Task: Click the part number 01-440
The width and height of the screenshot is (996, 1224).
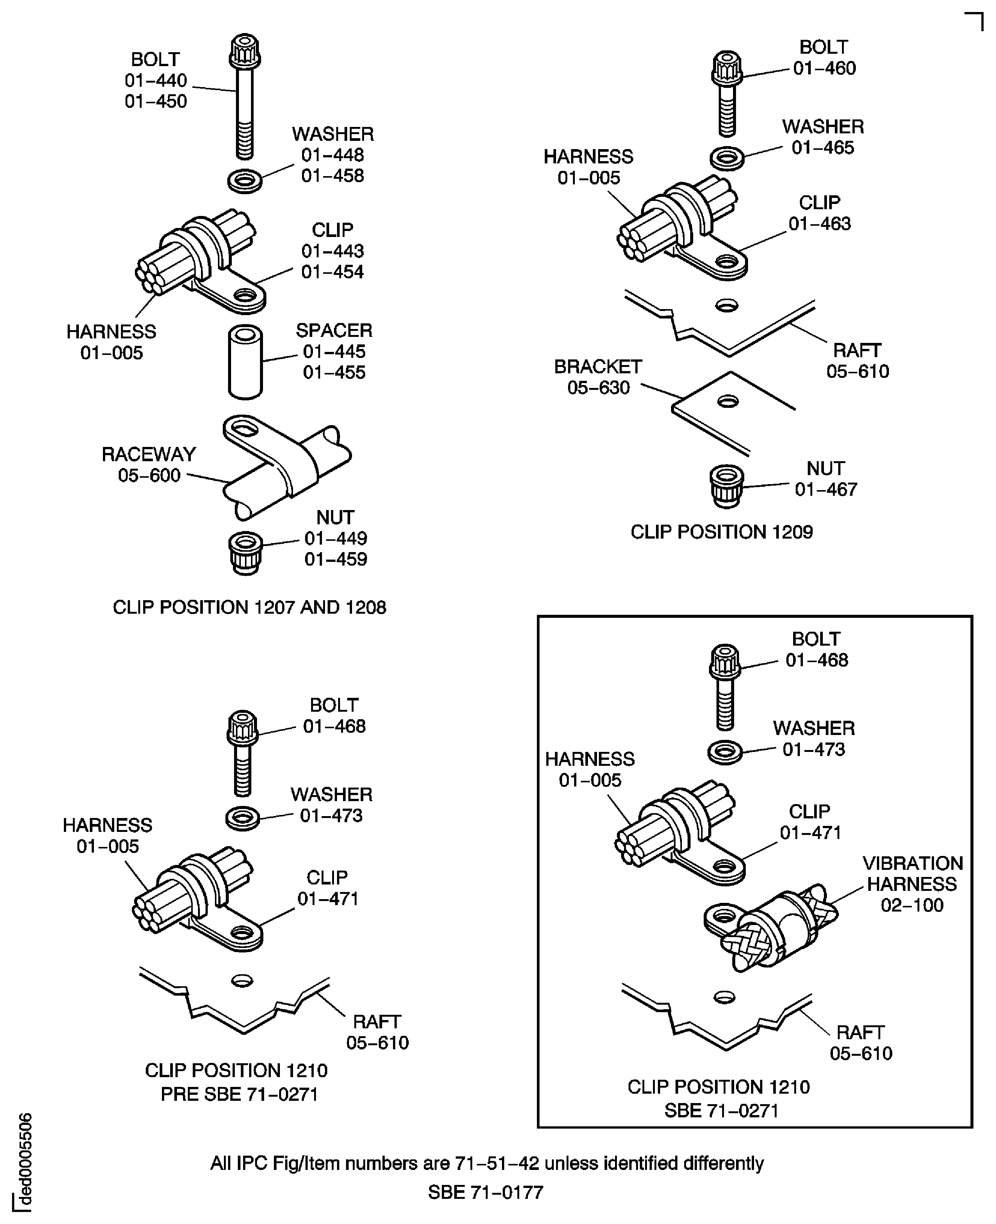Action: tap(156, 80)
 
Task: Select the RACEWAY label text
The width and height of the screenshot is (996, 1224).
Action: tap(149, 454)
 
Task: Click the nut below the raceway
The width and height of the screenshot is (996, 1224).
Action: tap(246, 553)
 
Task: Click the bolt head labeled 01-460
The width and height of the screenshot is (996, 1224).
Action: tap(727, 68)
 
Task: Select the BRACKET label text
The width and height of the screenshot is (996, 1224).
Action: tap(598, 367)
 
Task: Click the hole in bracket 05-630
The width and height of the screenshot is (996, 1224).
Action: tap(727, 401)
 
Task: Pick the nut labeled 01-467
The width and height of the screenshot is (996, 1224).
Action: tap(726, 486)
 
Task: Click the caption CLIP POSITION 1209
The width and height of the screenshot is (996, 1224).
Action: tap(722, 532)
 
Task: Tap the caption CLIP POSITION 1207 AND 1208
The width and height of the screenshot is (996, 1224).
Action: tap(249, 607)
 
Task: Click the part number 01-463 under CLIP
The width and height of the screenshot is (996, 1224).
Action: tap(820, 223)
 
